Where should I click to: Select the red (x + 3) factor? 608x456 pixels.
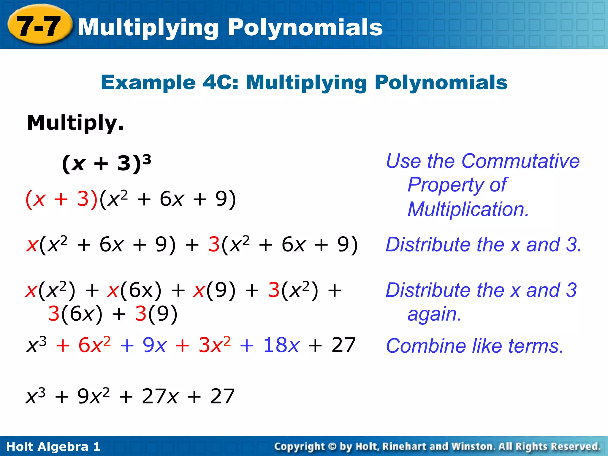coord(61,199)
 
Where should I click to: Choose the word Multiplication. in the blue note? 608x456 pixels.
coord(468,209)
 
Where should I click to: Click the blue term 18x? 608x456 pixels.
coord(281,345)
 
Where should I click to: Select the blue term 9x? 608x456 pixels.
coord(154,345)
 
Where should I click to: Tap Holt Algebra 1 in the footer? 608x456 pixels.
coord(53,446)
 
